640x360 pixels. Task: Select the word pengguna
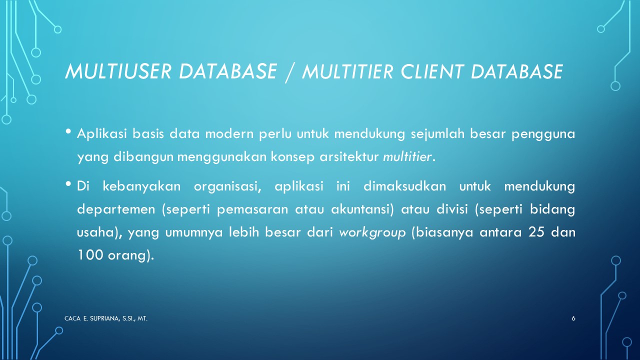coord(543,135)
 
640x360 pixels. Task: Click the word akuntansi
coord(362,209)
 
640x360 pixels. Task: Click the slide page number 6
coord(573,318)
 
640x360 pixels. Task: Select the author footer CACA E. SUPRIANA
coord(106,318)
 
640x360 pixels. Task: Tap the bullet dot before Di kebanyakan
coord(68,184)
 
